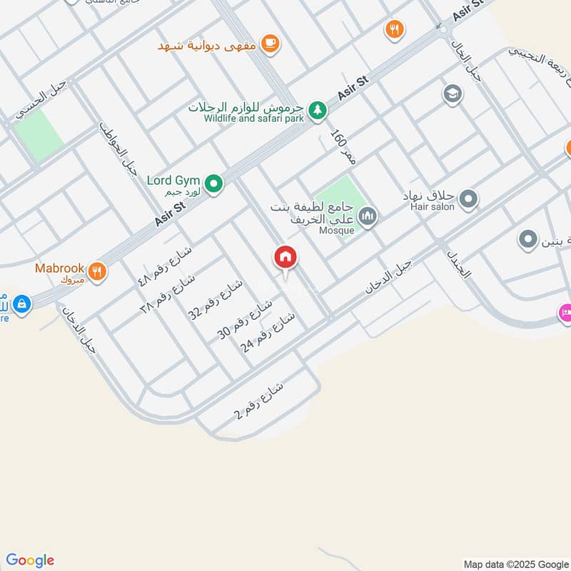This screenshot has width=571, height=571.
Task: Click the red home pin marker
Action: point(285,258)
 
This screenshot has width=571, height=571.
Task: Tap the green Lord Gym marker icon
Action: point(213,185)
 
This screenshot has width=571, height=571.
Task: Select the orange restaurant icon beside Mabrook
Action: point(98,271)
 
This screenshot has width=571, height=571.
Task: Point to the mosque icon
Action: point(368,216)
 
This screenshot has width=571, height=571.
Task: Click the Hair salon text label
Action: point(430,207)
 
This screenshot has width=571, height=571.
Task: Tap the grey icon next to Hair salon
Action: point(468,199)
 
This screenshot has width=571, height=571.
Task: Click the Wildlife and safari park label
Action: point(253,118)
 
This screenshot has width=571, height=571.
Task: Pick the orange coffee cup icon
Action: point(270,44)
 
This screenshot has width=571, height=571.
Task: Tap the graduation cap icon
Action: point(452,94)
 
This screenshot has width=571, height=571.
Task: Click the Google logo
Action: point(30,560)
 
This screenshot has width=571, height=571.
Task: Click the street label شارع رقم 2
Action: point(259,403)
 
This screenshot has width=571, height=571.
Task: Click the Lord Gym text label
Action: point(173,181)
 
